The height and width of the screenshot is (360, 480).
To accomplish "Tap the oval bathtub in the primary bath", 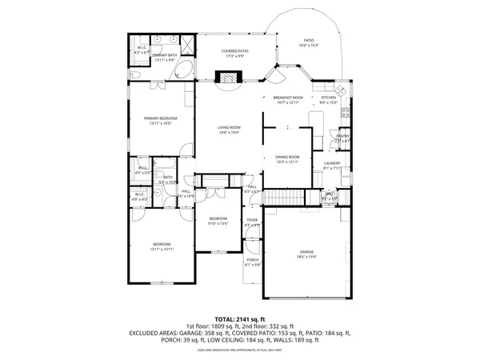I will pyautogui.click(x=183, y=70).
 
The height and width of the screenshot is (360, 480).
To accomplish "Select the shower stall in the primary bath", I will pyautogui.click(x=183, y=44).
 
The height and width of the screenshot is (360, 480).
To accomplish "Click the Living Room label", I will pyautogui.click(x=230, y=128).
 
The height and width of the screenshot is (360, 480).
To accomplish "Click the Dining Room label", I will pyautogui.click(x=287, y=157).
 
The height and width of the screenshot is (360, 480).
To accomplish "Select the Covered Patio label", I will pyautogui.click(x=235, y=50).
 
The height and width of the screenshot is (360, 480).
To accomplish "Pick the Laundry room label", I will pyautogui.click(x=333, y=163).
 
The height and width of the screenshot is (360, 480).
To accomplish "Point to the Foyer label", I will pyautogui.click(x=252, y=221).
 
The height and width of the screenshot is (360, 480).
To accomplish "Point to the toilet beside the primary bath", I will pyautogui.click(x=135, y=74).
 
